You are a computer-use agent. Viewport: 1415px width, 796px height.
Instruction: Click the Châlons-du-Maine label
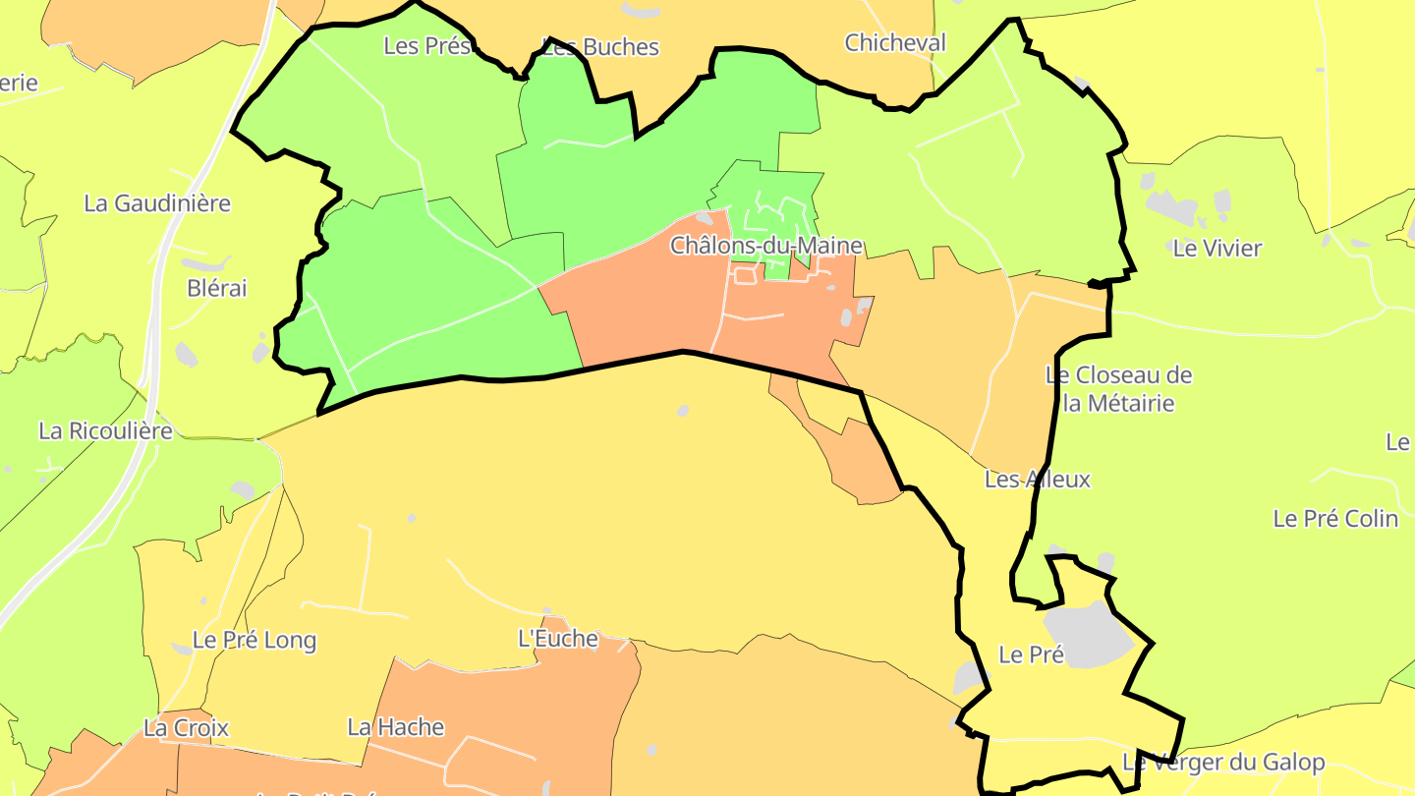[766, 246]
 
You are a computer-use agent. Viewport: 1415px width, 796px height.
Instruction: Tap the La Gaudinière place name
[157, 203]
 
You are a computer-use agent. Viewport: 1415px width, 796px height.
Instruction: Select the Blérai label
[217, 288]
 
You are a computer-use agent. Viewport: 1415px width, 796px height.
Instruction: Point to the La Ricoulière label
[105, 430]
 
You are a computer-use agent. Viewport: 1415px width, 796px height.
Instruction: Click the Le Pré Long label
[255, 641]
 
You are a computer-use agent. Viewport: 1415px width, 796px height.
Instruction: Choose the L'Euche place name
[558, 639]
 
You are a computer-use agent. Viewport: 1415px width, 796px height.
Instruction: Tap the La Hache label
[396, 727]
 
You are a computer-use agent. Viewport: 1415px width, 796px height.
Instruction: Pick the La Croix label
[186, 728]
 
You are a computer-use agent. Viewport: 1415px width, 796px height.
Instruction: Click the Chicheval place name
[895, 42]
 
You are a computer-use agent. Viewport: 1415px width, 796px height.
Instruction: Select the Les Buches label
[601, 47]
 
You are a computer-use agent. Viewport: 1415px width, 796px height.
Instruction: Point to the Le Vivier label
[1217, 248]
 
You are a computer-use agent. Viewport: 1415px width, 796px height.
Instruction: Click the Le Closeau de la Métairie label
[1118, 389]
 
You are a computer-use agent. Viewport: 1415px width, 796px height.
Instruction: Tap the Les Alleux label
[1038, 480]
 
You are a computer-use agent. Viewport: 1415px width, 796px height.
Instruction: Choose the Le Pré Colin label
[1335, 518]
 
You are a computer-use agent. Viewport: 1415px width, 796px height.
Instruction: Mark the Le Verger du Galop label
[1223, 762]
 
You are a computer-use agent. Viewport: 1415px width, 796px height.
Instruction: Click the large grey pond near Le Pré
[1086, 635]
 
